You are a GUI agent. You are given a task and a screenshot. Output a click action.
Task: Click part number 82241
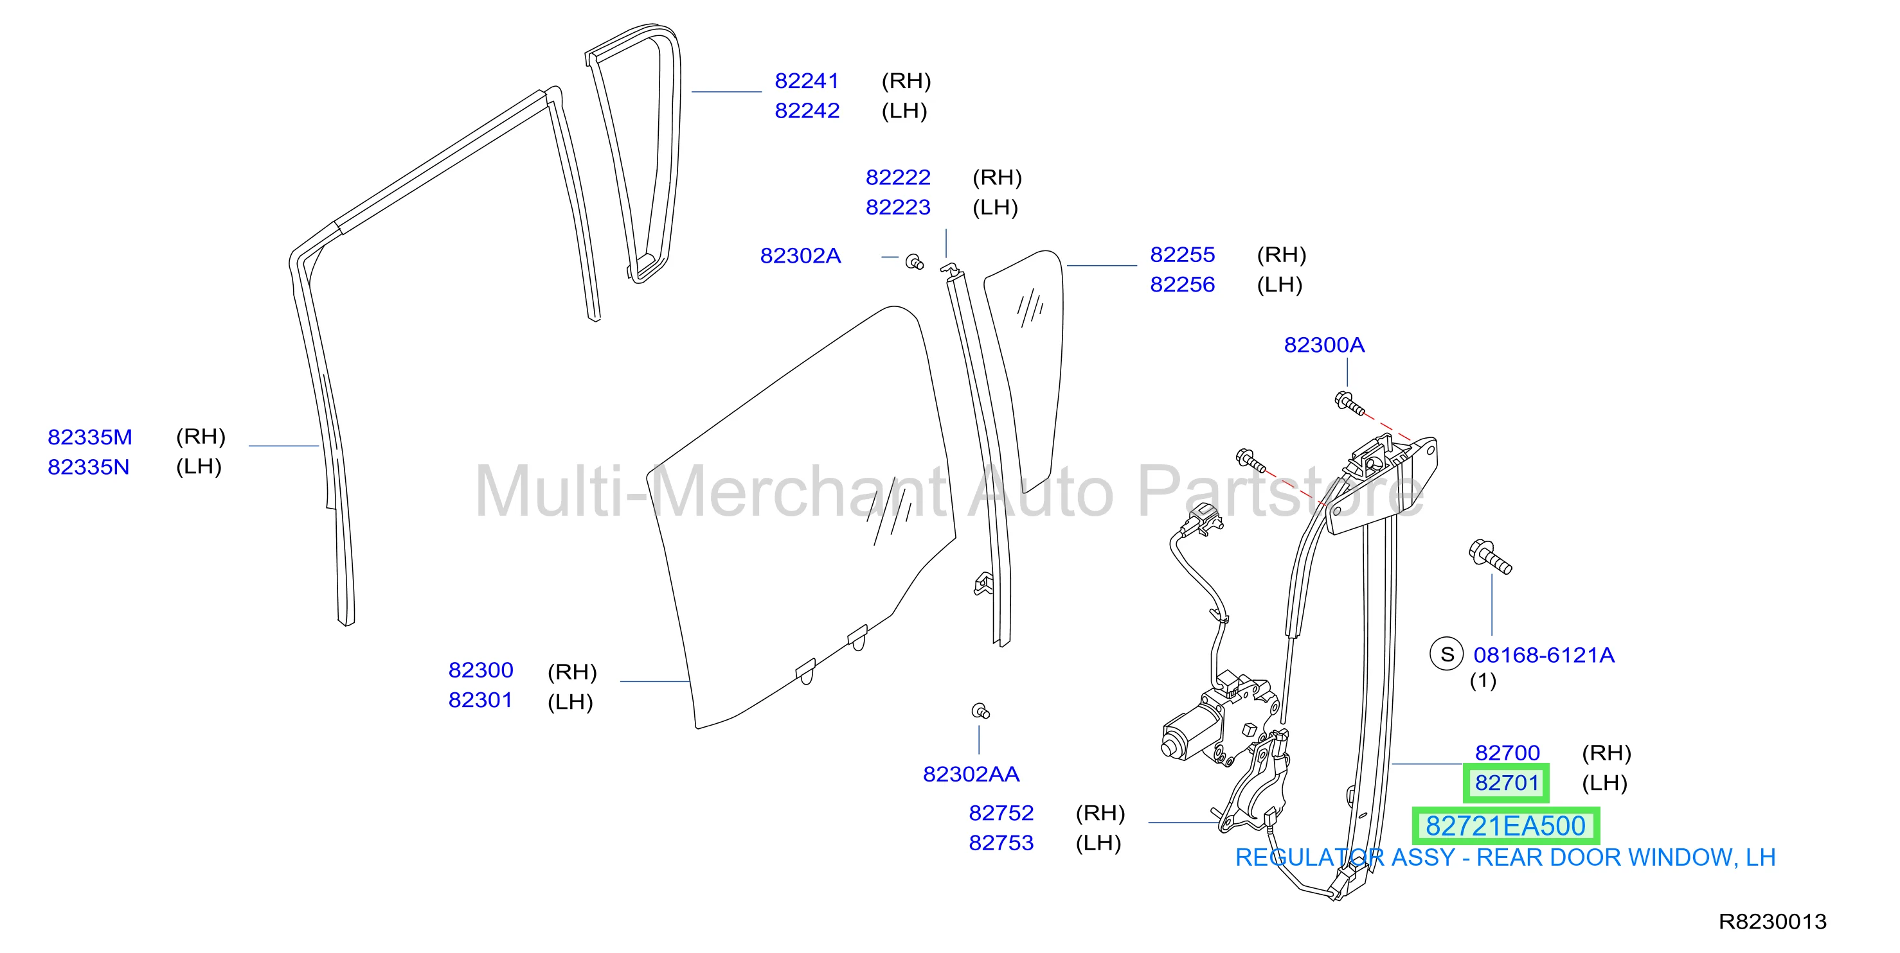point(806,80)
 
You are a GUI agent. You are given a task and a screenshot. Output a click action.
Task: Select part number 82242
point(807,110)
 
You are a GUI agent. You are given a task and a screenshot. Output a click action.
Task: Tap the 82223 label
point(898,207)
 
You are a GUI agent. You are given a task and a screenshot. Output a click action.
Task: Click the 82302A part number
point(800,256)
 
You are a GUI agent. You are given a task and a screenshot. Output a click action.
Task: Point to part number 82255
point(1182,254)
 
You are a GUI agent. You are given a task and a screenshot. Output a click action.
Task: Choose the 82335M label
point(90,437)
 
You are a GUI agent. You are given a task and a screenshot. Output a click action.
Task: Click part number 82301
point(480,700)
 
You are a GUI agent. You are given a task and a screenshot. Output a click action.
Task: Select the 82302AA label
point(971,774)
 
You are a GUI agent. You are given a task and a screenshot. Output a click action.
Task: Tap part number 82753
point(1001,843)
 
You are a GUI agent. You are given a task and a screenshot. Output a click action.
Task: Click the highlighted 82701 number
point(1506,783)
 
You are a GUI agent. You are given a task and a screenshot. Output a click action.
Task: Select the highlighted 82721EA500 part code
point(1505,826)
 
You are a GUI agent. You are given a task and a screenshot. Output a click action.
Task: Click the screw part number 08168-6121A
point(1544,655)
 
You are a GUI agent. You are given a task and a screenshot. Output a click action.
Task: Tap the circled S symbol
point(1447,654)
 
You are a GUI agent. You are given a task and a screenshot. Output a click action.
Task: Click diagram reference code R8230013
point(1772,922)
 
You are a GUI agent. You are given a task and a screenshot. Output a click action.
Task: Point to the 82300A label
point(1324,345)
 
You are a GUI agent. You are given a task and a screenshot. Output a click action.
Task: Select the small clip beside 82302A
point(915,261)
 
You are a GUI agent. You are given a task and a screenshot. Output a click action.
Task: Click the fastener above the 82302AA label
point(980,712)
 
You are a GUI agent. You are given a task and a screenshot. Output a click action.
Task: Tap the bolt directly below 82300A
point(1349,404)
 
